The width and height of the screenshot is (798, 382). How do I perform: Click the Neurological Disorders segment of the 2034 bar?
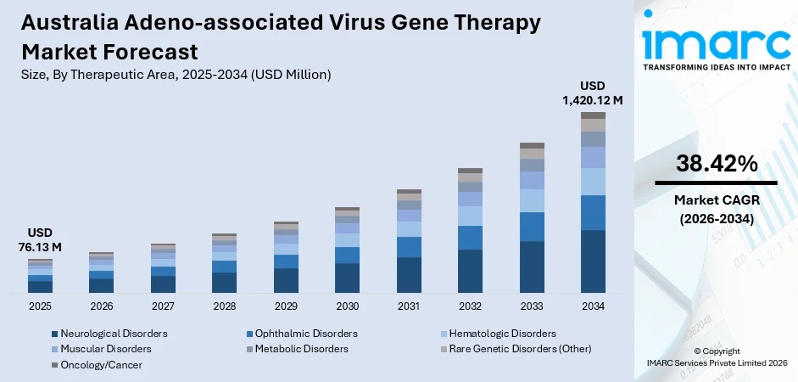coord(593,261)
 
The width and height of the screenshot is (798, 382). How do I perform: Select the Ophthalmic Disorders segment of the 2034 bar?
coord(593,212)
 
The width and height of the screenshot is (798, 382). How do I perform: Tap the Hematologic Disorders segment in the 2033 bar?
coord(532,200)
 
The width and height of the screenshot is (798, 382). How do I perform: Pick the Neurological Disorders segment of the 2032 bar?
coord(470,271)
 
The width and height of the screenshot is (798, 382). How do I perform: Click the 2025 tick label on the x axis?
coord(40,306)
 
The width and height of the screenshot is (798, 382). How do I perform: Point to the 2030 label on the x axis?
coord(347,306)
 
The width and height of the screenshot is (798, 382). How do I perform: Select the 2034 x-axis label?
coord(593,306)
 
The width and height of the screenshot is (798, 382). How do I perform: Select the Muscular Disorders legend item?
coord(106,349)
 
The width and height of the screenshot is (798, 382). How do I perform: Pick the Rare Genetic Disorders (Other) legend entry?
coord(521,349)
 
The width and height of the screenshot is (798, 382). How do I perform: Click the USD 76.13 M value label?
coord(40,240)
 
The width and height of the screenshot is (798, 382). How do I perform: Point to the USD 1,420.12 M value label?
coord(593,93)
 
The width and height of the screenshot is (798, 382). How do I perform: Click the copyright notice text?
coord(716,357)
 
